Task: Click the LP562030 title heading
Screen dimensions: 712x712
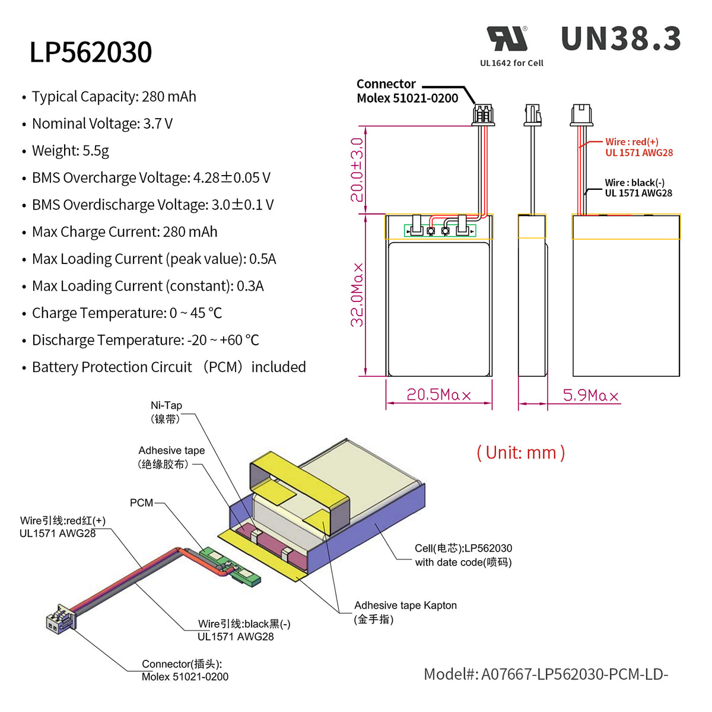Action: coord(91,52)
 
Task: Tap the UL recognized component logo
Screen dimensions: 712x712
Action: coord(507,39)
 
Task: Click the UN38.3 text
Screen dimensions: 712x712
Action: coord(621,39)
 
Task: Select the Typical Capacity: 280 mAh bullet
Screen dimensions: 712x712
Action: coord(113,97)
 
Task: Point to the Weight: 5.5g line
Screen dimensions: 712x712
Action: coord(70,151)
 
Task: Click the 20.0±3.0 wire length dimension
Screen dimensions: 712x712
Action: coord(357,170)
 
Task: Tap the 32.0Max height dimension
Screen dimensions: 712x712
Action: coord(357,295)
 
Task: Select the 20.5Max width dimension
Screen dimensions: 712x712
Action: coord(438,395)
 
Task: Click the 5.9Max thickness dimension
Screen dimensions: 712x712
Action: coord(590,396)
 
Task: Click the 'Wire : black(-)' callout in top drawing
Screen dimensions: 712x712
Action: coord(638,187)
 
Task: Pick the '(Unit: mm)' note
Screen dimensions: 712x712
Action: coord(520,453)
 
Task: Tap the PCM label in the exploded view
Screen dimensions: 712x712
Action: coord(141,503)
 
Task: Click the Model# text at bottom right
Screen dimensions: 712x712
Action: coord(545,674)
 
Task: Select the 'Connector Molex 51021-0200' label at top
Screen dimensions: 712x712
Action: coord(407,91)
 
